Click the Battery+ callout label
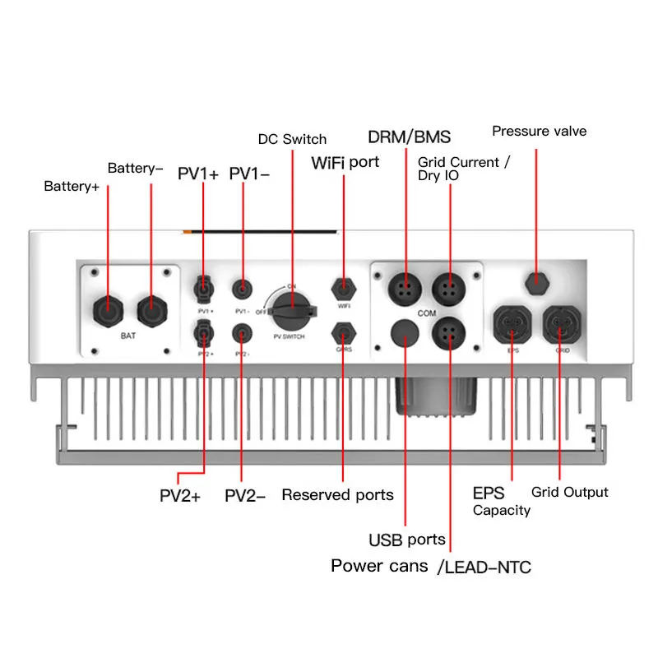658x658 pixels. [x=72, y=187]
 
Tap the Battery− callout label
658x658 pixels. [x=136, y=169]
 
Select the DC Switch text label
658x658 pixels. [x=292, y=139]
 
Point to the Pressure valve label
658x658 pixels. [x=540, y=132]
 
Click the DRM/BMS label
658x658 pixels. [x=409, y=137]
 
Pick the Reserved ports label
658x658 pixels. [x=337, y=494]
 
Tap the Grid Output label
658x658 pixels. [x=569, y=492]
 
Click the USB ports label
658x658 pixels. [x=406, y=540]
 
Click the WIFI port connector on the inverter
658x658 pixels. [x=343, y=290]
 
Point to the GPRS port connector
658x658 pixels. [x=343, y=335]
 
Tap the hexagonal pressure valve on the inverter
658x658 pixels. [x=536, y=280]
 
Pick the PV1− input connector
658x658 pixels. [x=242, y=289]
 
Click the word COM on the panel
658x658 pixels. [x=427, y=313]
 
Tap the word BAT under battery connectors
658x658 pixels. [x=128, y=336]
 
